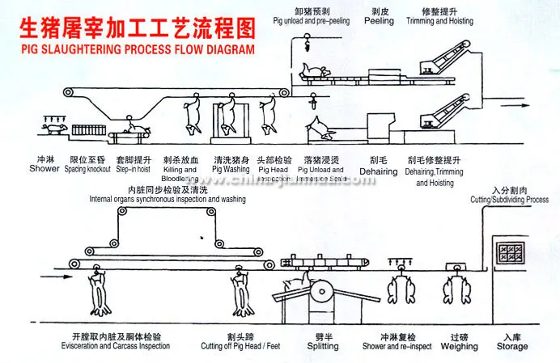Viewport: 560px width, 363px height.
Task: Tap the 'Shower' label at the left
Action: coord(45,169)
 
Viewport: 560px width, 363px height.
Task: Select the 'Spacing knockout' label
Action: coord(88,169)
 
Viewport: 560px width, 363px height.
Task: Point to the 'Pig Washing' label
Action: coord(231,170)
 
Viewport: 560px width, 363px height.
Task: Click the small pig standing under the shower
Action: coord(54,129)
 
